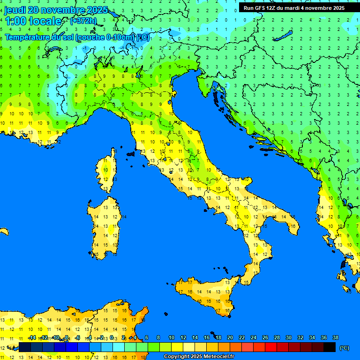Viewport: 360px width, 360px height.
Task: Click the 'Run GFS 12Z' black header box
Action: click(x=294, y=8)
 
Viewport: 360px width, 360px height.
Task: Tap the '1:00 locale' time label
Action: click(x=33, y=21)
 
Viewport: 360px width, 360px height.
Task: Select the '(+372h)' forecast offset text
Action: click(x=83, y=21)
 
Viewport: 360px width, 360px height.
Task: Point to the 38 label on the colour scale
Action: click(x=335, y=337)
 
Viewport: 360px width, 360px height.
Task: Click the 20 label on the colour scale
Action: click(x=230, y=337)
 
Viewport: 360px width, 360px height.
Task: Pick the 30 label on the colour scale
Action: click(x=288, y=337)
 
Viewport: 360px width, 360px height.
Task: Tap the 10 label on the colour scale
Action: click(x=171, y=337)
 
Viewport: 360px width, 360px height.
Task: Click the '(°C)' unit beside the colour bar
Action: click(x=344, y=348)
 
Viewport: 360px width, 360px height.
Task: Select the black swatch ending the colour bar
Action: click(x=330, y=347)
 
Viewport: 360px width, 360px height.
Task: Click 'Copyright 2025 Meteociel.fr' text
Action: click(x=199, y=357)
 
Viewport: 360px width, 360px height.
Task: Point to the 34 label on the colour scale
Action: click(x=312, y=337)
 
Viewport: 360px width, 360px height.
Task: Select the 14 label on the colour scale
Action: click(x=195, y=337)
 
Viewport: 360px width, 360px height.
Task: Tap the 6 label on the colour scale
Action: click(x=147, y=337)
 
